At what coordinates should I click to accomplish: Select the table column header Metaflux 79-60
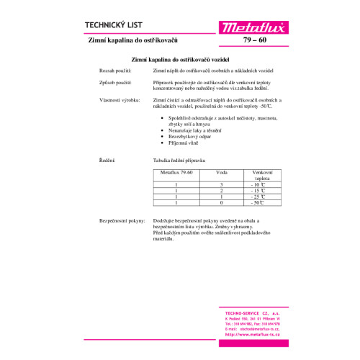176,173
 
